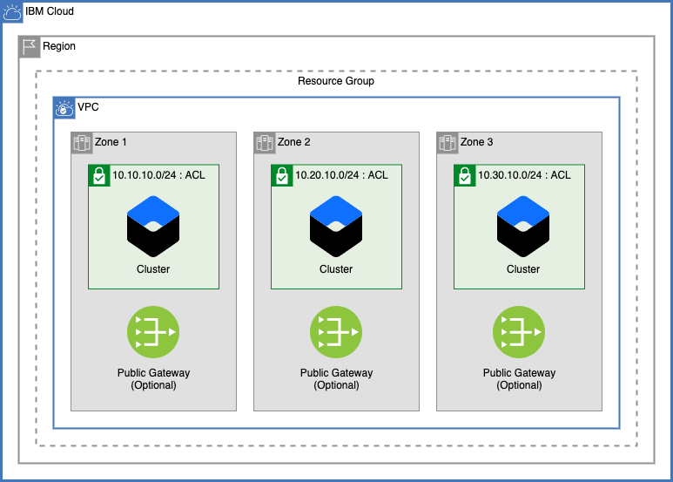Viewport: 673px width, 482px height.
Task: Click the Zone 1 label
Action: [111, 142]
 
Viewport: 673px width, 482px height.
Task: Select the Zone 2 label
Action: [293, 142]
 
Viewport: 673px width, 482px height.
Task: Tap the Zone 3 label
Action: [476, 142]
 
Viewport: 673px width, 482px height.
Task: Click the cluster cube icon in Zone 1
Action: [153, 225]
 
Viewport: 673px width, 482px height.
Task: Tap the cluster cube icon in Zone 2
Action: [336, 225]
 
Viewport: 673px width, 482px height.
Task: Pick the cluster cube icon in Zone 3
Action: [523, 225]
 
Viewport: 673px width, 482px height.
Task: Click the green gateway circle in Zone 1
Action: [153, 332]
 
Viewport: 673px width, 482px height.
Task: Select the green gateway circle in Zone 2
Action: [336, 332]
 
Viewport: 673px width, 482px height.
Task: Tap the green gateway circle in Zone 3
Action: [519, 332]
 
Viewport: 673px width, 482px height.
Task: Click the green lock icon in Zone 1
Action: [99, 175]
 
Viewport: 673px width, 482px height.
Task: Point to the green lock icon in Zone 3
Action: [465, 175]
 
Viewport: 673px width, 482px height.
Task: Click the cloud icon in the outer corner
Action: [12, 12]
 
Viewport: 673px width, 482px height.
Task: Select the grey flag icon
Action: [30, 47]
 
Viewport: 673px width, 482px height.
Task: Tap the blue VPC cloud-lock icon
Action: [64, 108]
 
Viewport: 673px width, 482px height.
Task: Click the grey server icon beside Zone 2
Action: [265, 143]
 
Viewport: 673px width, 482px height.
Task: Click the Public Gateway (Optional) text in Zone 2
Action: [336, 378]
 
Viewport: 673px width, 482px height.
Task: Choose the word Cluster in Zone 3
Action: [523, 269]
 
